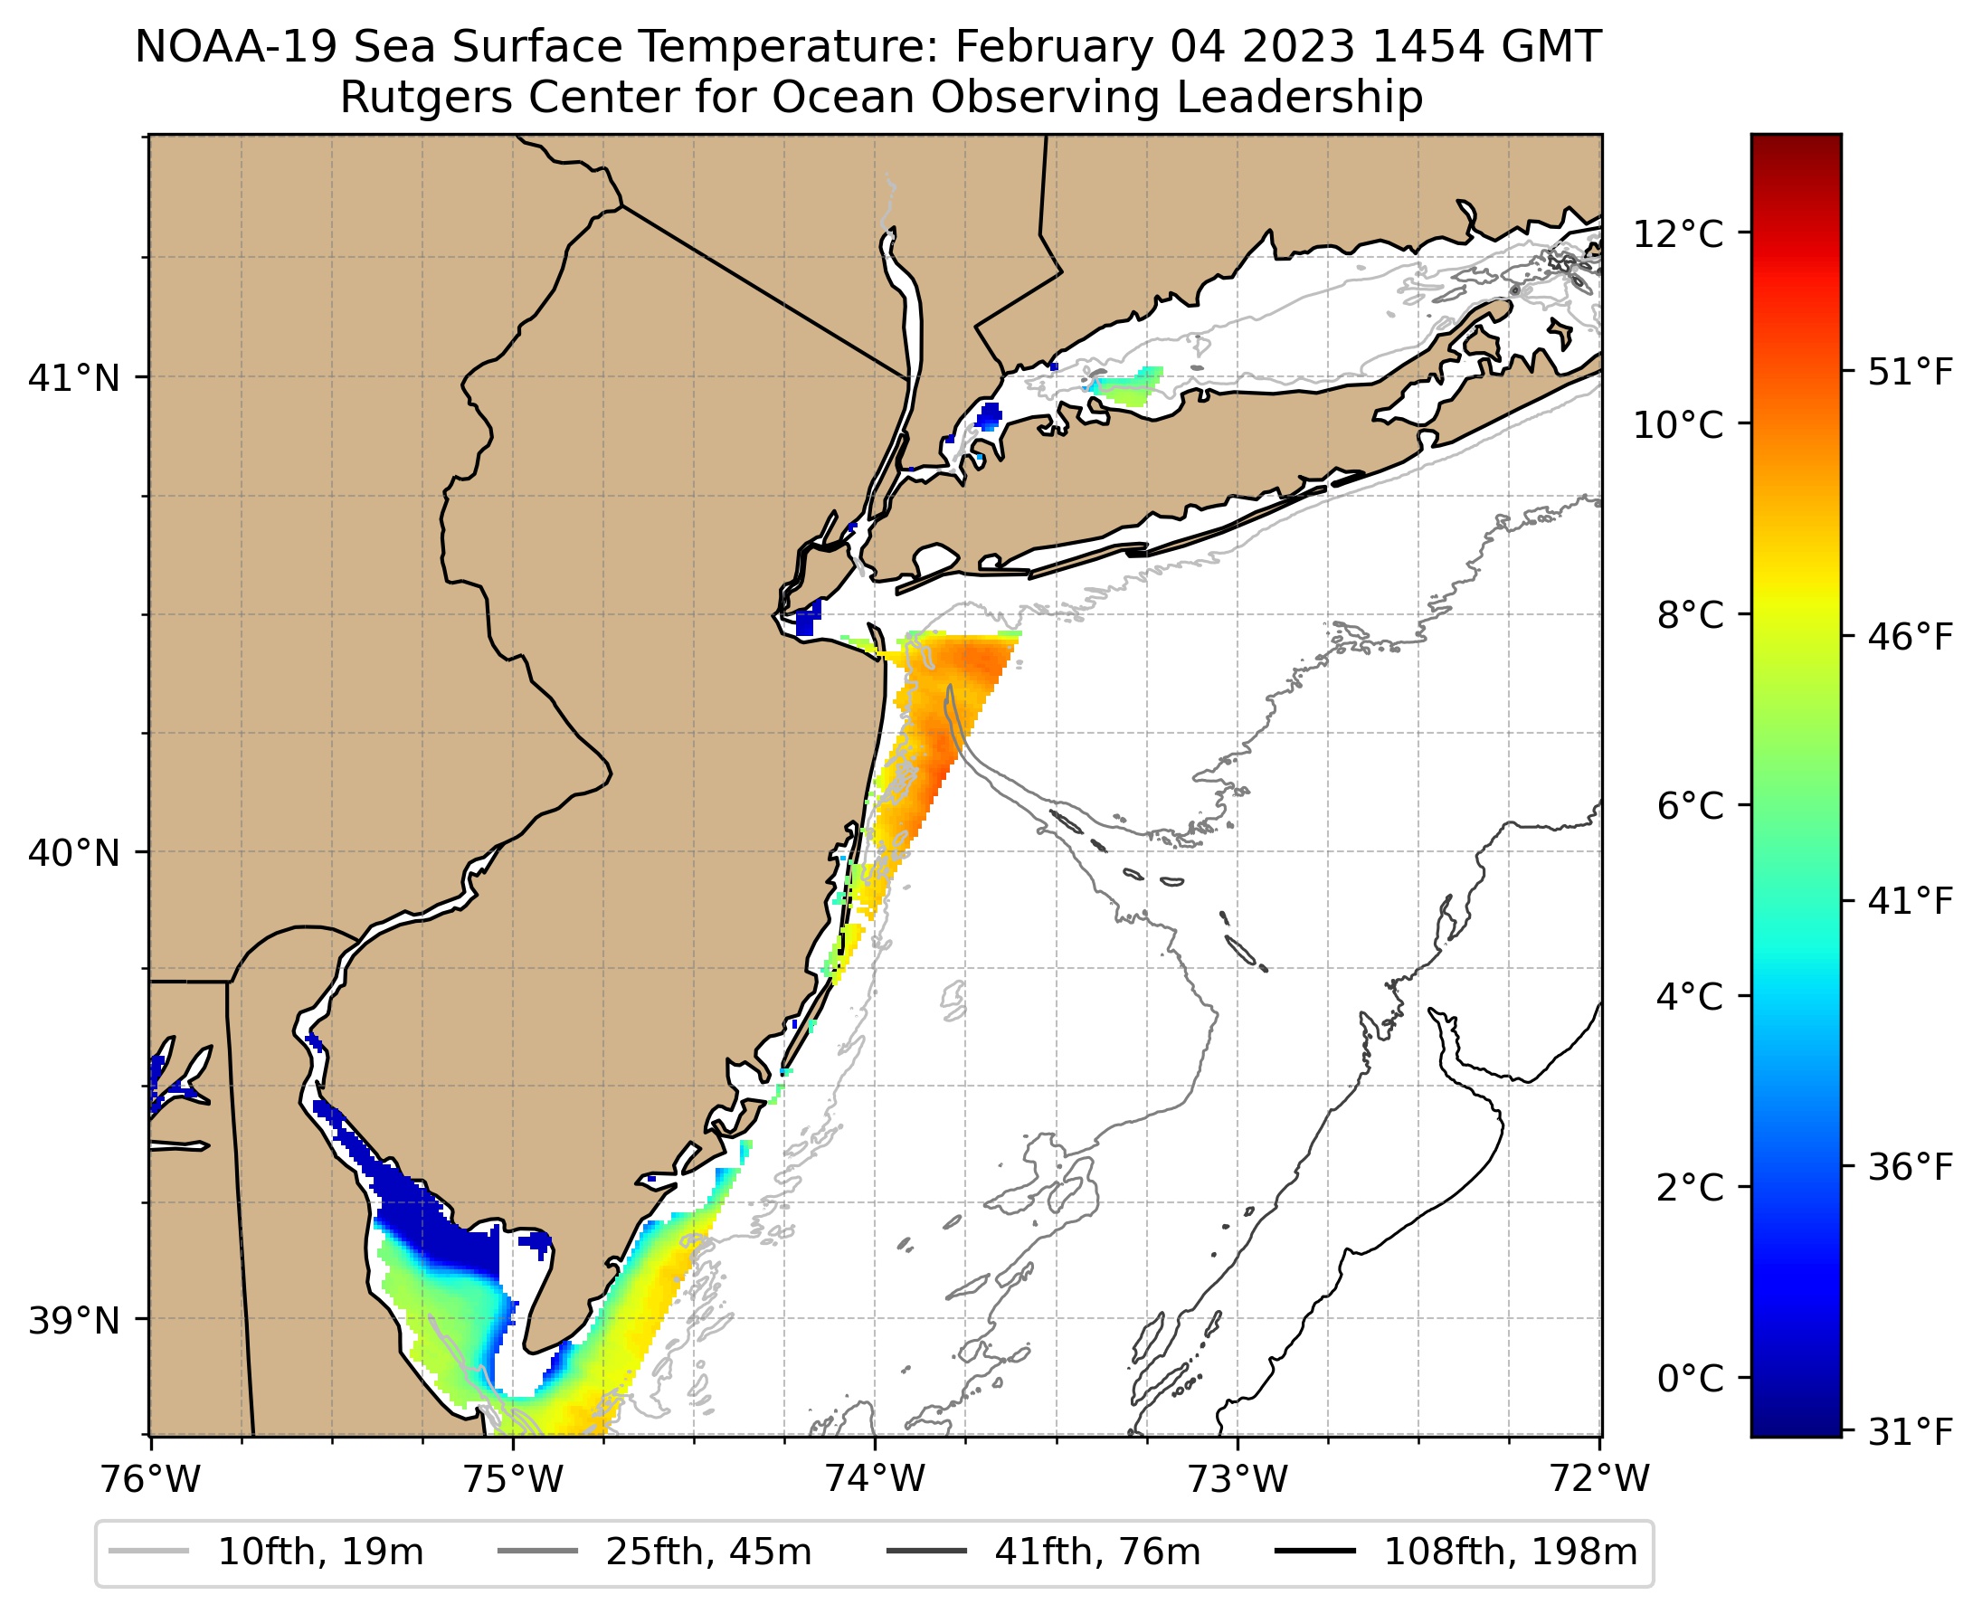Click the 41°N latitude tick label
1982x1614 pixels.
[74, 378]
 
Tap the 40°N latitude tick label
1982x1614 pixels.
[74, 852]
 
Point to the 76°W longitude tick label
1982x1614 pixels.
[149, 1479]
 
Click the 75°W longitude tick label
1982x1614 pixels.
[512, 1479]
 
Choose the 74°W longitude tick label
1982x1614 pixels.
[875, 1479]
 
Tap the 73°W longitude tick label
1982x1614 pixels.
[1238, 1479]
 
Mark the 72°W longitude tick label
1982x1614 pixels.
[1600, 1479]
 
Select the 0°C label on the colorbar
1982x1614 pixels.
[1689, 1379]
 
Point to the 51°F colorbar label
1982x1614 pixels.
[1911, 373]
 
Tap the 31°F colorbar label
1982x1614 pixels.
[1911, 1433]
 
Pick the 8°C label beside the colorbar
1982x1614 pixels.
[1689, 615]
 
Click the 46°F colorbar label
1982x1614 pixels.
[1911, 638]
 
